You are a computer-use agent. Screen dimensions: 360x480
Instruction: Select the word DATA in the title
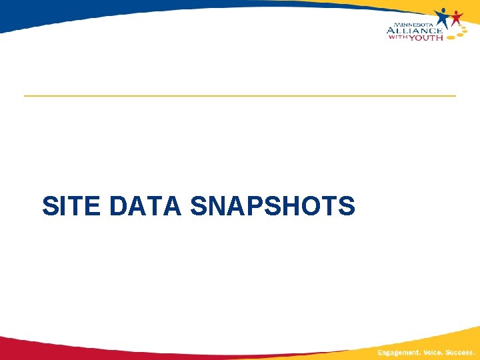click(x=145, y=206)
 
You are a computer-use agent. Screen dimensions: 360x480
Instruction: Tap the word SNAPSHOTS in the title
click(x=272, y=206)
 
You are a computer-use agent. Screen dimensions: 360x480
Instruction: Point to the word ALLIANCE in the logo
click(x=414, y=31)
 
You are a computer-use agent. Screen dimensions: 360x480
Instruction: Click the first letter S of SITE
click(x=49, y=206)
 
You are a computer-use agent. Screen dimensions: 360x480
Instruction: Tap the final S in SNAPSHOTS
click(x=347, y=206)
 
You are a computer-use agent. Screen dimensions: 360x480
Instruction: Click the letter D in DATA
click(x=118, y=206)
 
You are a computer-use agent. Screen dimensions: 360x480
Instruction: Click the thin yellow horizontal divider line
click(x=240, y=96)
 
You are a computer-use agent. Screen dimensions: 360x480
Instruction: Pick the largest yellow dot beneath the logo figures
click(x=451, y=37)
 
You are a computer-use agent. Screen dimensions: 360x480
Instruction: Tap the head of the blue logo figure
click(x=443, y=11)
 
